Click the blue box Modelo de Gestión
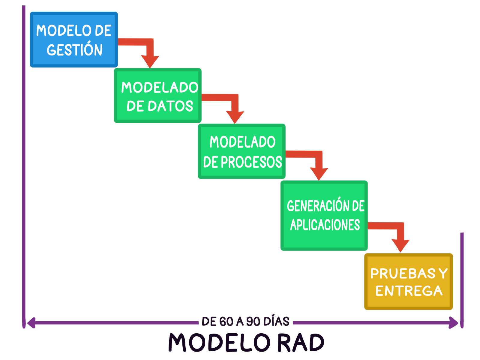[74, 40]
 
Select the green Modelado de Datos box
[157, 95]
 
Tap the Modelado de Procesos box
[241, 151]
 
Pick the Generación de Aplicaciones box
[324, 215]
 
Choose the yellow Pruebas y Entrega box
[408, 281]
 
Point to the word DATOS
[170, 106]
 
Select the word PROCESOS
[251, 162]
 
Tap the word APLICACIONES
[325, 225]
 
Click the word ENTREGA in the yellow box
[409, 291]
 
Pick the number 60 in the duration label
[226, 322]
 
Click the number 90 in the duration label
[253, 322]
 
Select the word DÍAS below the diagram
[276, 321]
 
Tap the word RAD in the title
[301, 343]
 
